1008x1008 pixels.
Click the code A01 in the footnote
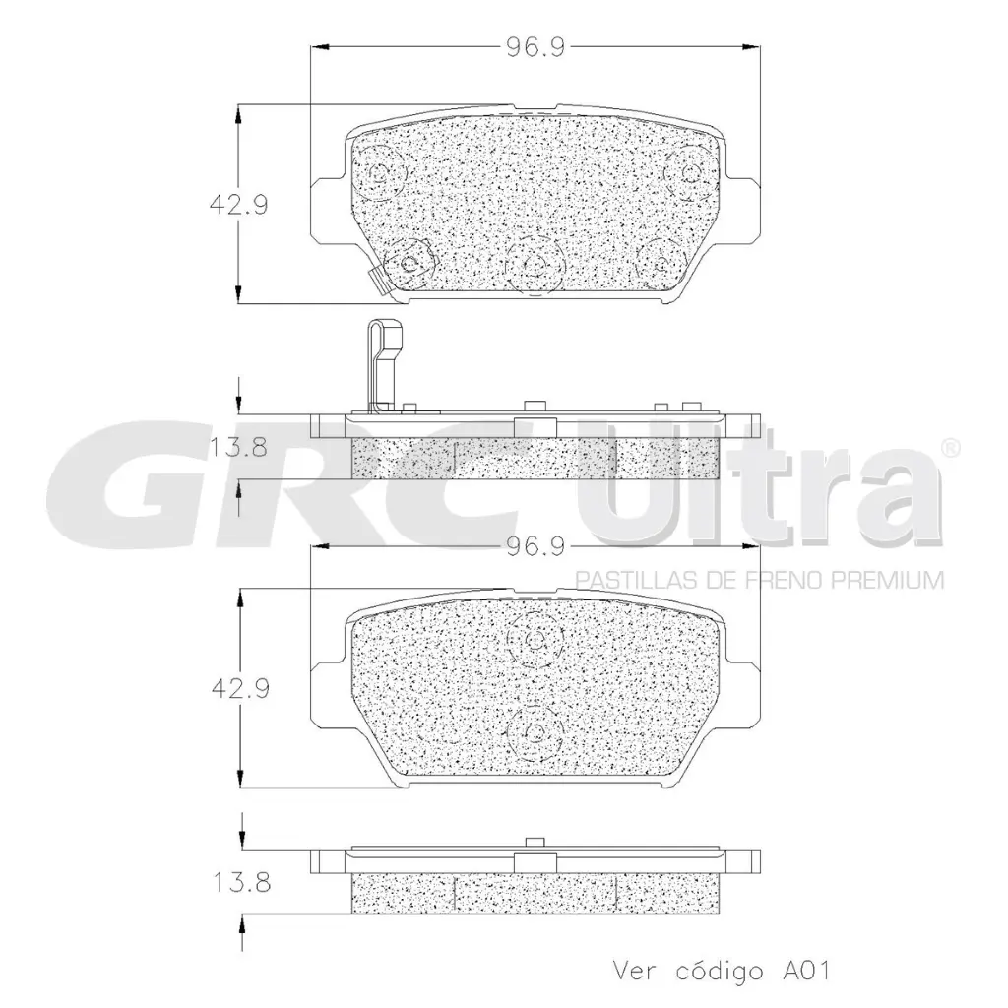click(x=805, y=971)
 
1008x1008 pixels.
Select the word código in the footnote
click(x=721, y=971)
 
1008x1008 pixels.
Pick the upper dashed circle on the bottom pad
click(x=535, y=642)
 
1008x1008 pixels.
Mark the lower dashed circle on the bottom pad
click(x=535, y=731)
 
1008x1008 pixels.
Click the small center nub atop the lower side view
click(x=535, y=842)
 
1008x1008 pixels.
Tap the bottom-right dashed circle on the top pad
click(x=661, y=261)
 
